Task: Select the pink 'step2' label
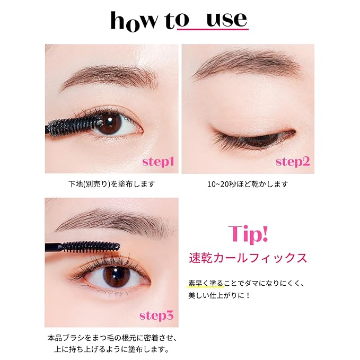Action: click(x=292, y=162)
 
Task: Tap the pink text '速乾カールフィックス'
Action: click(x=248, y=258)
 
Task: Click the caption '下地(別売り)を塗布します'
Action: click(x=111, y=184)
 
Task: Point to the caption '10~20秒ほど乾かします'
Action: click(x=248, y=184)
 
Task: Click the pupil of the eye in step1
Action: click(x=111, y=124)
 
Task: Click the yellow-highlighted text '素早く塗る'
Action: click(x=204, y=283)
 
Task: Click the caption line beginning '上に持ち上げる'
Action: click(x=111, y=349)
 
